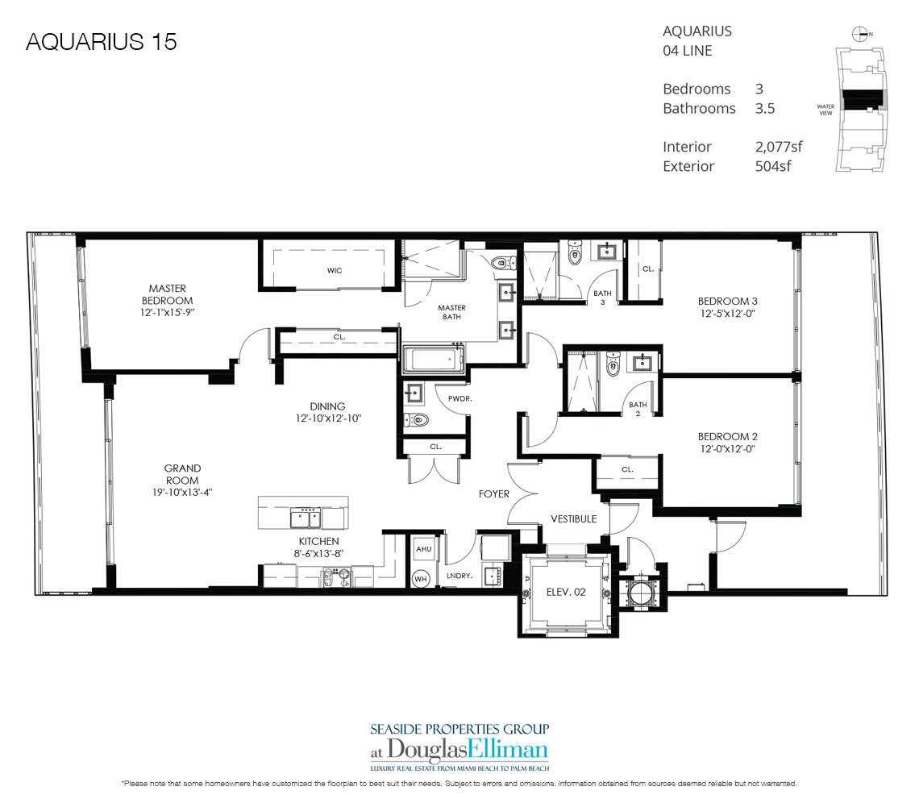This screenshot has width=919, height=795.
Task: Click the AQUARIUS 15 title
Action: pyautogui.click(x=102, y=42)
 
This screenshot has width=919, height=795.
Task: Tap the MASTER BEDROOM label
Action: pyautogui.click(x=167, y=294)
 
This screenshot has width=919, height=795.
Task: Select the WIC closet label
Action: pyautogui.click(x=335, y=270)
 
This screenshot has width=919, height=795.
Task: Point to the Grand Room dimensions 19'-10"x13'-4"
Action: pyautogui.click(x=182, y=491)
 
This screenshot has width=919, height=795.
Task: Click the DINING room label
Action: pyautogui.click(x=326, y=406)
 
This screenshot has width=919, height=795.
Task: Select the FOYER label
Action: pyautogui.click(x=493, y=493)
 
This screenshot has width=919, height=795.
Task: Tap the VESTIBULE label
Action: pyautogui.click(x=573, y=519)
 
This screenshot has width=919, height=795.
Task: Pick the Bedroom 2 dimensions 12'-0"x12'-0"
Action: pyautogui.click(x=726, y=448)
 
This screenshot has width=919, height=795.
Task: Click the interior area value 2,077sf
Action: pyautogui.click(x=772, y=147)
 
